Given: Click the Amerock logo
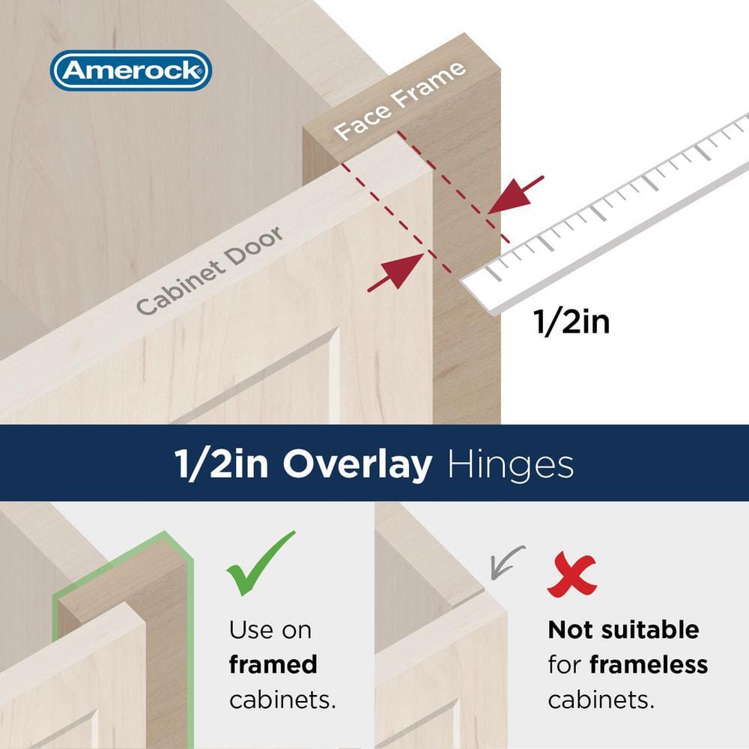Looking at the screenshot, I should click(131, 70).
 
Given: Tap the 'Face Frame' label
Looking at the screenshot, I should click(399, 101).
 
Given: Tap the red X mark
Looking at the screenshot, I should click(572, 575).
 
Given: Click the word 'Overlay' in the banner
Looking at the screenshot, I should click(357, 465).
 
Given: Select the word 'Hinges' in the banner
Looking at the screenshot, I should click(510, 465).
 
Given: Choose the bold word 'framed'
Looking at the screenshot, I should click(273, 664).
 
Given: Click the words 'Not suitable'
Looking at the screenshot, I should click(623, 629).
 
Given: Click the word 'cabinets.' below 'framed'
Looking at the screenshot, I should click(282, 700).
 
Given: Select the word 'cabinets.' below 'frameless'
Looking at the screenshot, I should click(601, 700).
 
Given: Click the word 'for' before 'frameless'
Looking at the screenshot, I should click(565, 664).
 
